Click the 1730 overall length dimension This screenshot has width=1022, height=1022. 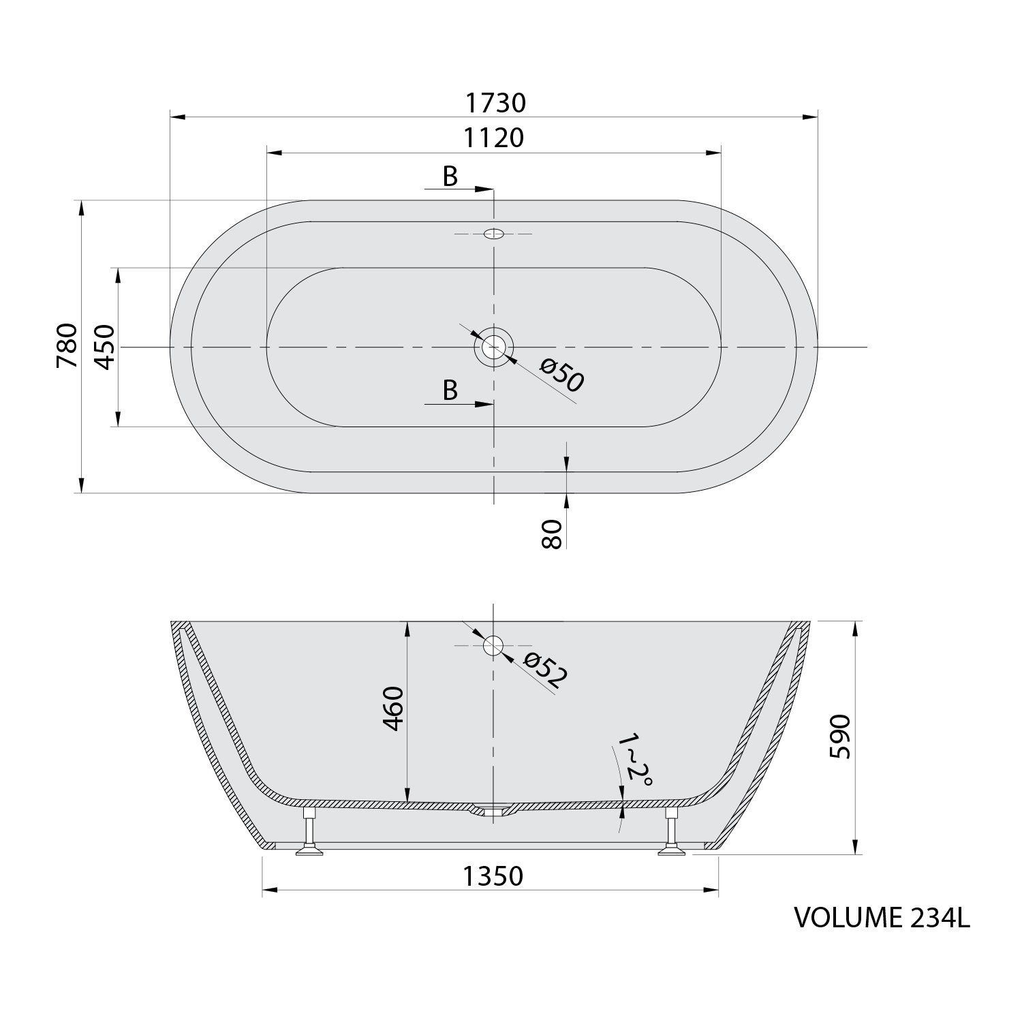(495, 103)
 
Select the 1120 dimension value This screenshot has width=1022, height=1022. (494, 138)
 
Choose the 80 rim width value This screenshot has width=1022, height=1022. (551, 533)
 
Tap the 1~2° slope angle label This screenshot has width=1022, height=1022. (634, 760)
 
